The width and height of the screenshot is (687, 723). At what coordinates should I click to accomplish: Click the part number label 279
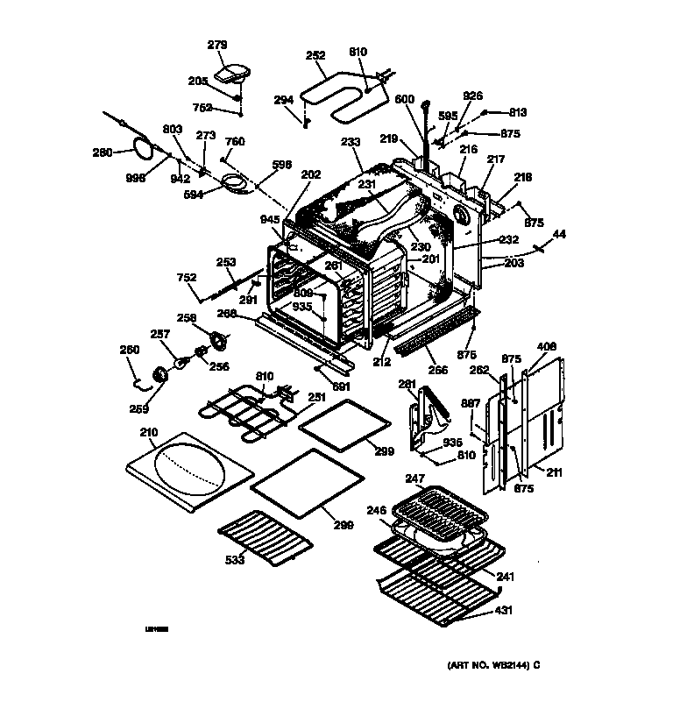tap(216, 45)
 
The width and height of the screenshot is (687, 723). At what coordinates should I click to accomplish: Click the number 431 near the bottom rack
tap(505, 610)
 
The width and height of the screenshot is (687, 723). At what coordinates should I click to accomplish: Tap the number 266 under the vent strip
tap(437, 370)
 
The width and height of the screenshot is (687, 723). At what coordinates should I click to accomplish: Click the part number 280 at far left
tap(103, 152)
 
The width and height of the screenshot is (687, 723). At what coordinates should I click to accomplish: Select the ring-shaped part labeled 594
tap(234, 183)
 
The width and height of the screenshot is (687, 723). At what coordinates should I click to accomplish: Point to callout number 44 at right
tap(558, 235)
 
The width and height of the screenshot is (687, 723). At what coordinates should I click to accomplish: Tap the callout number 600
tap(404, 99)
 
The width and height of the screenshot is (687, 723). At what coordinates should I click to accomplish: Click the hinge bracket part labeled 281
tap(428, 420)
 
